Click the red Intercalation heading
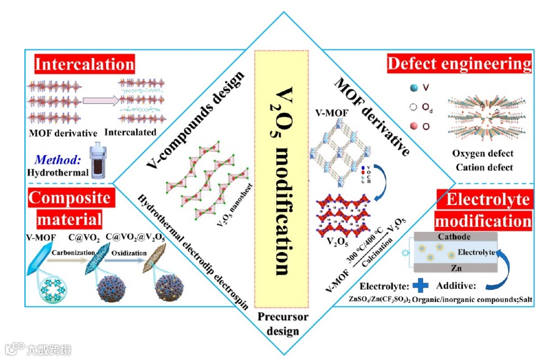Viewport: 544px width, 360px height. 84,64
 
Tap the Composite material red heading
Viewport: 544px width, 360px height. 70,207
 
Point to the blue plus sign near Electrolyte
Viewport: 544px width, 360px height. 421,285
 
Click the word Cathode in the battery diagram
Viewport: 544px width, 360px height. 456,237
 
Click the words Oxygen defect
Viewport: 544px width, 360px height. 482,153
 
